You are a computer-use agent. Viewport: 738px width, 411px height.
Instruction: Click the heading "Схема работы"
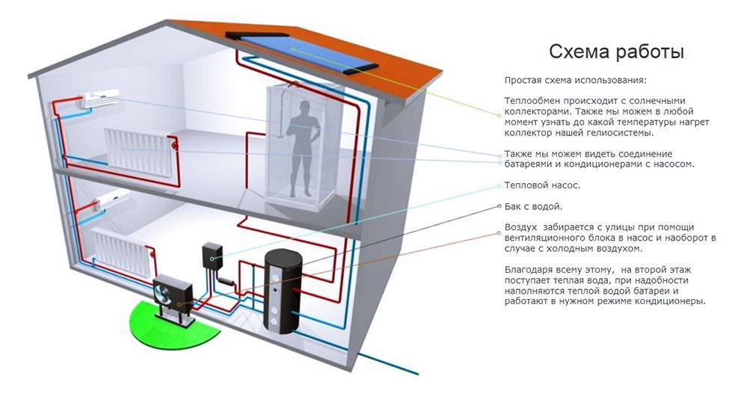[616, 52]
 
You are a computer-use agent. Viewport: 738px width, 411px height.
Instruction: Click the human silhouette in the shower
[304, 149]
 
